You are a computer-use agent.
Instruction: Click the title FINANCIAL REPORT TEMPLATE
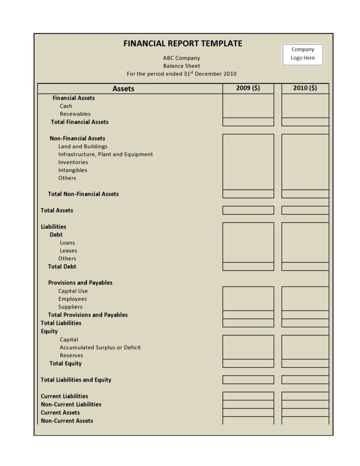coord(183,44)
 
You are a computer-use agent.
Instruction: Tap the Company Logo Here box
coord(303,54)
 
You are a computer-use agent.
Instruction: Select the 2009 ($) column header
coord(248,88)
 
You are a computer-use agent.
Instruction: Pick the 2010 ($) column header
coord(305,88)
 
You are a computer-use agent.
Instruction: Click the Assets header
coord(123,89)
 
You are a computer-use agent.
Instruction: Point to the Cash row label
coord(66,106)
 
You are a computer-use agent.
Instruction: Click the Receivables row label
coord(75,114)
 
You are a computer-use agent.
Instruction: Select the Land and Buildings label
coord(83,147)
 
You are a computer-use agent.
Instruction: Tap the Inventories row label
coord(73,162)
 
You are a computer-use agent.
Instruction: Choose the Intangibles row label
coord(73,170)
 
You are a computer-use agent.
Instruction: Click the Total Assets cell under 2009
coord(248,210)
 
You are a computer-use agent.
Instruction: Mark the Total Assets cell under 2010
coord(305,210)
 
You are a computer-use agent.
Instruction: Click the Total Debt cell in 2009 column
coord(248,267)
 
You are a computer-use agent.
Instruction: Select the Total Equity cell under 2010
coord(305,364)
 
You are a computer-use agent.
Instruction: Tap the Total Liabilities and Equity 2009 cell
coord(248,380)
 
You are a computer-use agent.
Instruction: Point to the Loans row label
coord(67,243)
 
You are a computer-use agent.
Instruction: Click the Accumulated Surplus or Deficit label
coord(100,347)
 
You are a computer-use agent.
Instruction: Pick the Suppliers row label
coord(71,307)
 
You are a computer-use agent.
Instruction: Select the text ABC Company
coord(181,58)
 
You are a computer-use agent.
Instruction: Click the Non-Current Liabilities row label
coord(71,404)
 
